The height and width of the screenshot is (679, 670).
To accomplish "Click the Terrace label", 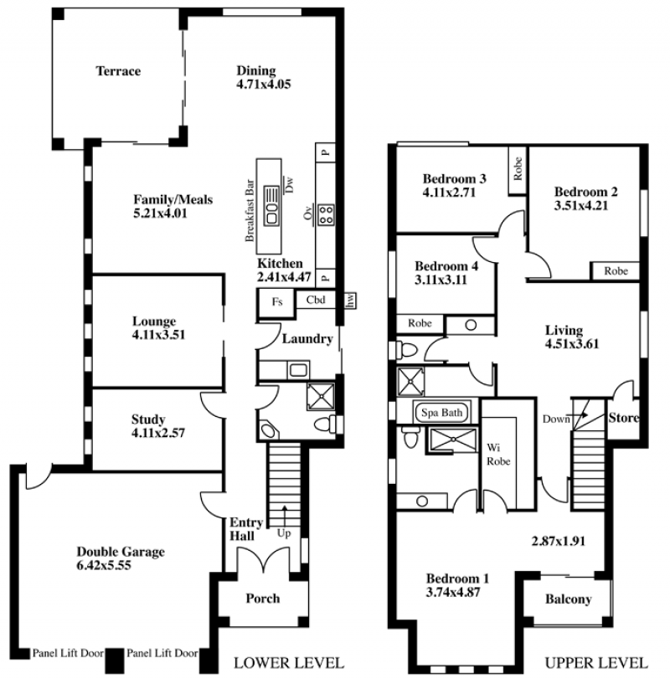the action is [x=118, y=71].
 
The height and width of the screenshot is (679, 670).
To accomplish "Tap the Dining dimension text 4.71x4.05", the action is [x=263, y=84].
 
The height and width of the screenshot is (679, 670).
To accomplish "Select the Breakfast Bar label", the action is [x=250, y=210].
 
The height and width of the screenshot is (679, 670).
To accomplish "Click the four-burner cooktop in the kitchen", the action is [x=326, y=215].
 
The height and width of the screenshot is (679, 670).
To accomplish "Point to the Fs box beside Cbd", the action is [x=276, y=302].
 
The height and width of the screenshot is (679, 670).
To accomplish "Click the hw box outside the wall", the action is [x=350, y=300].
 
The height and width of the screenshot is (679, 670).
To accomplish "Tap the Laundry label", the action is [x=307, y=338].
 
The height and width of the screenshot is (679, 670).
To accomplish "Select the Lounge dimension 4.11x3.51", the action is [x=158, y=335].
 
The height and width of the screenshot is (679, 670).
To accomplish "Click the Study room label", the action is [x=148, y=419].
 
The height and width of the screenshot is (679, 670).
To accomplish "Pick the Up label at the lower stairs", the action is [x=284, y=533].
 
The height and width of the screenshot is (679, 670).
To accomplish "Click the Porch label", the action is [x=263, y=599].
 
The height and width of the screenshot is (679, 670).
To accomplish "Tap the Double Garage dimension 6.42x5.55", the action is [x=104, y=565].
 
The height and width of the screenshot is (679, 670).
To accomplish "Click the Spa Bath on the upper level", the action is [x=441, y=413].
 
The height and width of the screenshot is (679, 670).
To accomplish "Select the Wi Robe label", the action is [x=498, y=455].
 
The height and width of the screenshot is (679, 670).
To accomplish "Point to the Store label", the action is [x=624, y=418].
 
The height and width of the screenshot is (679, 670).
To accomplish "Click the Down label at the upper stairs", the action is [x=556, y=419].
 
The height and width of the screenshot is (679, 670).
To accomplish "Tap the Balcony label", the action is [x=568, y=599].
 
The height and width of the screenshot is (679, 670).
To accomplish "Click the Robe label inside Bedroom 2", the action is [x=616, y=271].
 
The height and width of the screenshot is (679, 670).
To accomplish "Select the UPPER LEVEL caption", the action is [x=596, y=663].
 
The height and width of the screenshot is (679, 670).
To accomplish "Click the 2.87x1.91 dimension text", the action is [x=559, y=541].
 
